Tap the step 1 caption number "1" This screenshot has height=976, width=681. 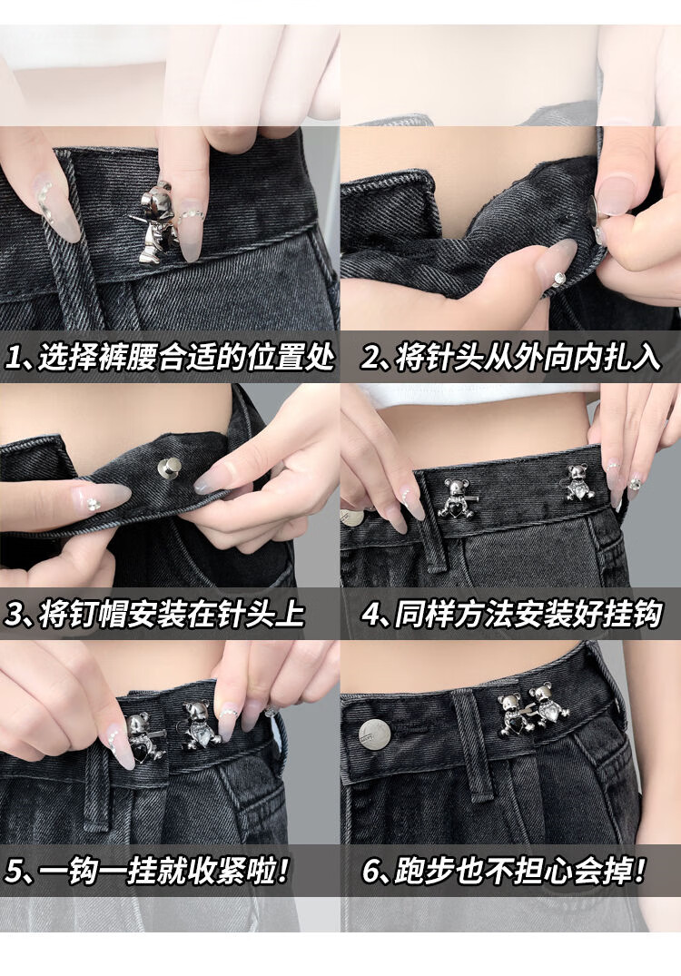pyautogui.click(x=14, y=358)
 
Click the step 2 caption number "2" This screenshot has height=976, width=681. pyautogui.click(x=371, y=358)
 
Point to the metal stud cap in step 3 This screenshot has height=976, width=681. pyautogui.click(x=169, y=467)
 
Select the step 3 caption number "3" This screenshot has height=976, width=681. pyautogui.click(x=15, y=614)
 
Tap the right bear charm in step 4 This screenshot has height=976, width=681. pyautogui.click(x=579, y=482)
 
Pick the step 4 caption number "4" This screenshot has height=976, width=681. pyautogui.click(x=372, y=614)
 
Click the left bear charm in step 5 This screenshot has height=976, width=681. pyautogui.click(x=144, y=738)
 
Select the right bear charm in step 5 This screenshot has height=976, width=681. pyautogui.click(x=201, y=725)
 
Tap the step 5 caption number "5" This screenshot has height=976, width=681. pyautogui.click(x=14, y=870)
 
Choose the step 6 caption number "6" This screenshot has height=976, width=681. pyautogui.click(x=371, y=870)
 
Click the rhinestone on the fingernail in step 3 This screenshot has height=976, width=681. pyautogui.click(x=94, y=504)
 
